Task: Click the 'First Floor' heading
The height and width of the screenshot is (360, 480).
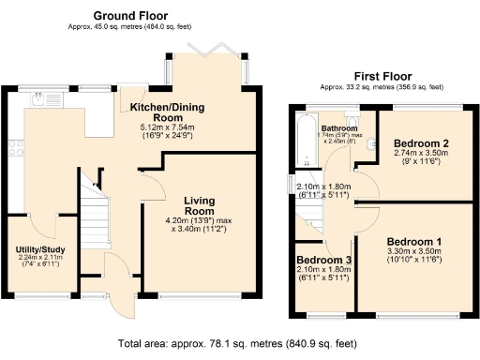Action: (x=381, y=76)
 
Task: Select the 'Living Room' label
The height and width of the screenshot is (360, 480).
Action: (x=200, y=206)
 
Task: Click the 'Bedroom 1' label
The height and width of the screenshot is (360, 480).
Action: (x=414, y=240)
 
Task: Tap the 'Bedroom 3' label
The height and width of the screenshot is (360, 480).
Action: (x=322, y=260)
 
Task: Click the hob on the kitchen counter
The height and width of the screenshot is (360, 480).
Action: (x=15, y=147)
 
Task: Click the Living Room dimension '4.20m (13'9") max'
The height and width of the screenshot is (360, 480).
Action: (x=200, y=221)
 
